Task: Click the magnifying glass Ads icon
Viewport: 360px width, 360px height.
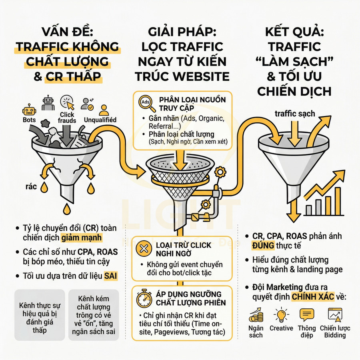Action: point(146,103)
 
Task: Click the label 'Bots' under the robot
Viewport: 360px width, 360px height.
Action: point(29,120)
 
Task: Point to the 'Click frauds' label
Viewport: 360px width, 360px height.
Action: point(67,117)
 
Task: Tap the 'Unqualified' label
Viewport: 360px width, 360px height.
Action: point(100,120)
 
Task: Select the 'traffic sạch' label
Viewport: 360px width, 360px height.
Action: point(295,114)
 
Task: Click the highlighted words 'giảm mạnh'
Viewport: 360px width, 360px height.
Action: point(82,238)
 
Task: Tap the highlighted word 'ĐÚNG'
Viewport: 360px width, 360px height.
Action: point(263,245)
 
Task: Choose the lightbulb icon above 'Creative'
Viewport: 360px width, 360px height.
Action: point(281,315)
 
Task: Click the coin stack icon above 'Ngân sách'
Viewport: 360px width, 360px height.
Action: point(256,315)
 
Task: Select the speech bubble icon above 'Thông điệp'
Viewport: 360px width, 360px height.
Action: point(306,315)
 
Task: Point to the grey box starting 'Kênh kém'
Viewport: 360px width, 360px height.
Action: point(94,314)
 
